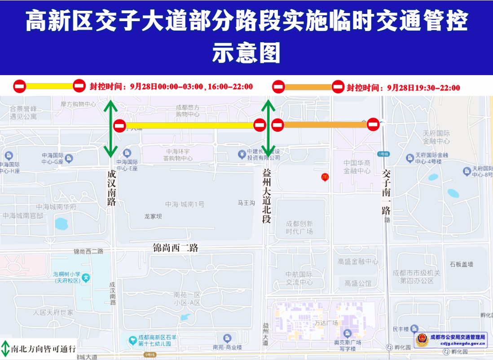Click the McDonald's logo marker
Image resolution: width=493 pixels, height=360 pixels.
(325, 178)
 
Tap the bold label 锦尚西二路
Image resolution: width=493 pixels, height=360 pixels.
(175, 248)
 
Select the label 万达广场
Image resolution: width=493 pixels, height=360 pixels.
(326, 323)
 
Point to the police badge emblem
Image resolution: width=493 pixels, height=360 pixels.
(422, 340)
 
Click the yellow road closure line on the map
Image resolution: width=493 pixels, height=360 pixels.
(189, 125)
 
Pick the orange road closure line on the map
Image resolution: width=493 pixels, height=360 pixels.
(325, 124)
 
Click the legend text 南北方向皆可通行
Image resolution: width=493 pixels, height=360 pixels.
(43, 349)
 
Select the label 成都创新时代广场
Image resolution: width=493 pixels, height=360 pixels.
(299, 227)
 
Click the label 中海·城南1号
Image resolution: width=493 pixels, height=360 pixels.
(185, 204)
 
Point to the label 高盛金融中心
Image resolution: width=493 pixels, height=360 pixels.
(358, 261)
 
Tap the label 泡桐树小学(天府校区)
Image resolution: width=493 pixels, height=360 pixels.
(67, 277)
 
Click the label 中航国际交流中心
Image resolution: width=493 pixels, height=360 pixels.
(299, 278)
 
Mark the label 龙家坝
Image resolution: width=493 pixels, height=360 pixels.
(153, 216)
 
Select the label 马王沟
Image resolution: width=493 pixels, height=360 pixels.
(246, 203)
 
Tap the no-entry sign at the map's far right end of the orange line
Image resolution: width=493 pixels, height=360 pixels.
(374, 124)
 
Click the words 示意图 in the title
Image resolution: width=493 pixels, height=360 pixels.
(246, 53)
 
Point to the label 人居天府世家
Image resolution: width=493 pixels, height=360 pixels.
(53, 312)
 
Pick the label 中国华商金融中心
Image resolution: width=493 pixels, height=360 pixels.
(357, 167)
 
